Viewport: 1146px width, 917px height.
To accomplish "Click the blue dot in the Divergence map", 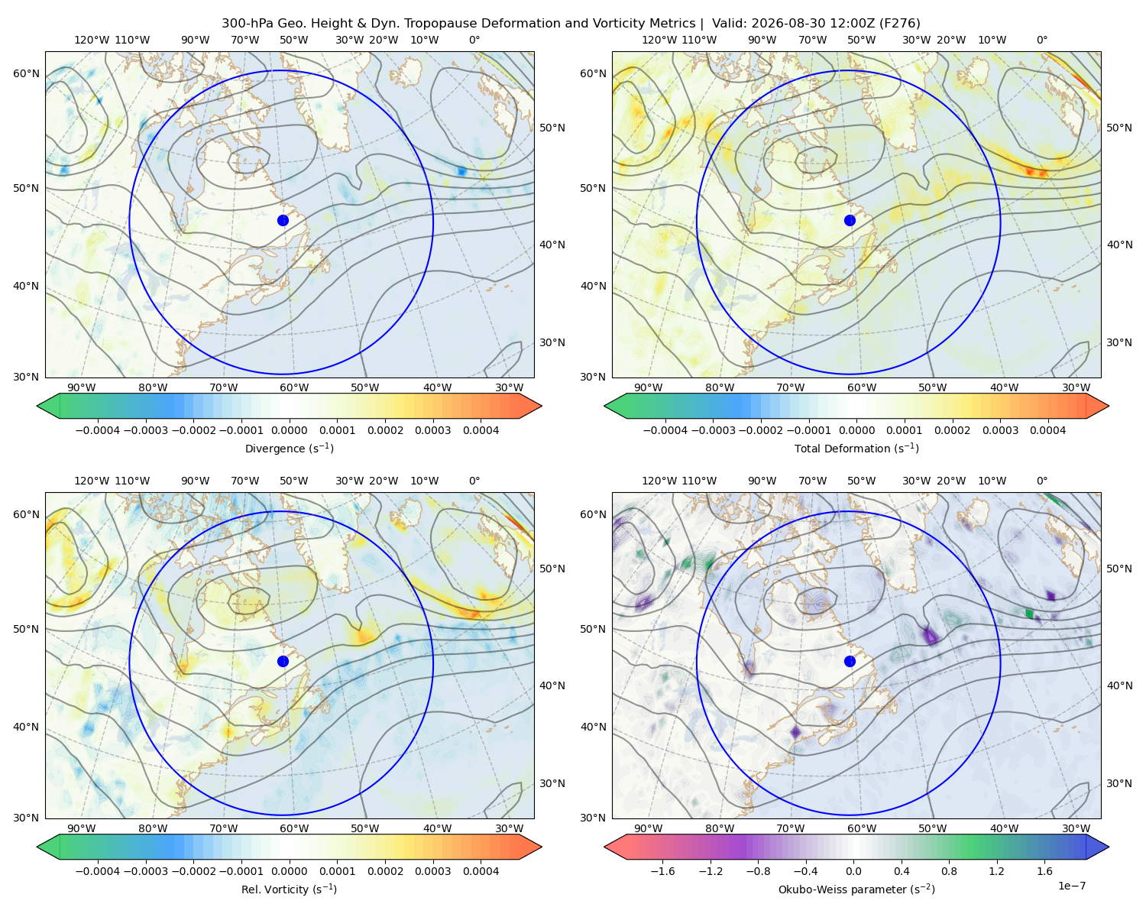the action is [283, 221].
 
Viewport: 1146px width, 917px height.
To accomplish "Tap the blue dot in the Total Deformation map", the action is [850, 221].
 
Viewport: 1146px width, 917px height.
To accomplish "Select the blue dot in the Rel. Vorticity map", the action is [283, 661].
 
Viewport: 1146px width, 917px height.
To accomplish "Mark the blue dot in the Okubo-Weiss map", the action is [850, 661].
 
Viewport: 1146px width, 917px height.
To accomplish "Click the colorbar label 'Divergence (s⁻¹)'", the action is [289, 449].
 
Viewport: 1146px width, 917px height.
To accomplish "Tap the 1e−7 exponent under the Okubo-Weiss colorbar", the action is [1071, 886].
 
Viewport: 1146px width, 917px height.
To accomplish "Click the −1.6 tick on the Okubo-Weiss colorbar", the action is [662, 871].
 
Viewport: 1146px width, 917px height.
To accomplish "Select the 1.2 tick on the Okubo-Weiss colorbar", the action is [997, 871].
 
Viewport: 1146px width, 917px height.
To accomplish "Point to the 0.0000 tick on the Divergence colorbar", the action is [289, 430].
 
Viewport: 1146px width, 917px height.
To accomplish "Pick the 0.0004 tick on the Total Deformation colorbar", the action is [1048, 430].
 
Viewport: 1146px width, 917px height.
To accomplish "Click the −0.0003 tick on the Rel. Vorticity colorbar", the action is [146, 871].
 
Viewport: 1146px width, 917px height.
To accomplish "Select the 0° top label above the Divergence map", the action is [474, 40].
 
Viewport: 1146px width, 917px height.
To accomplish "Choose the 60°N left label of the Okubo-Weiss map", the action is [593, 515].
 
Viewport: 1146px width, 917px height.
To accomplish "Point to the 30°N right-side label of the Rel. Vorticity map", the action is [553, 783].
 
